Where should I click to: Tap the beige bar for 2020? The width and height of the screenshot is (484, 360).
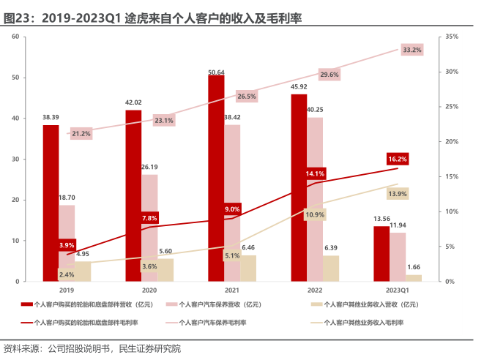tap(165, 270)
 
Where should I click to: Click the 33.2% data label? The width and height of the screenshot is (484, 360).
tap(412, 50)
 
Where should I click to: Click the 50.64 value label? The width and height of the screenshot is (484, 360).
tap(216, 72)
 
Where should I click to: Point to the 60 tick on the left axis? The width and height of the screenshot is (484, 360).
tap(15, 37)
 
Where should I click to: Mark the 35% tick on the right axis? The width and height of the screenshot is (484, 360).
tap(452, 37)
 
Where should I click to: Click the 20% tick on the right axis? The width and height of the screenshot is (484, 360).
tap(452, 141)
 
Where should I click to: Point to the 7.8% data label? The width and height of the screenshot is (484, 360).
tap(149, 218)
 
